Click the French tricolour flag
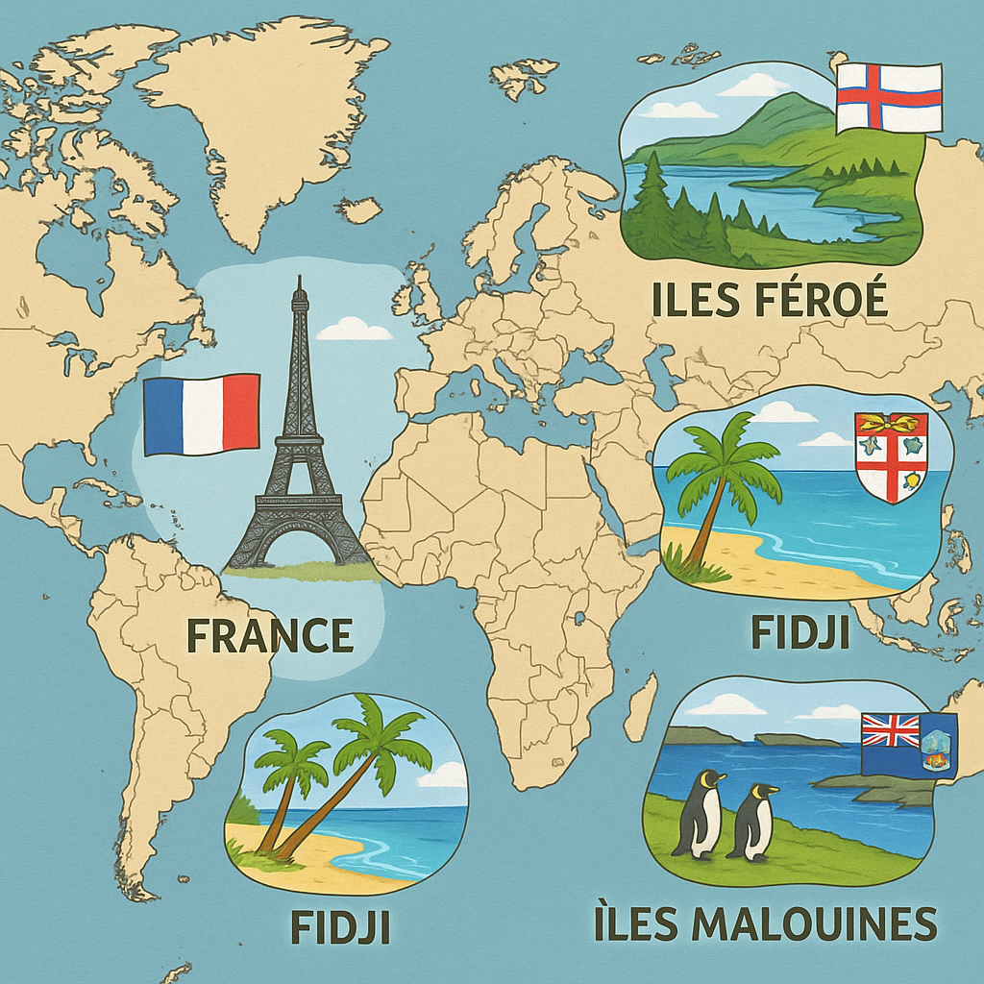(202, 414)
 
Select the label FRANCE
(269, 635)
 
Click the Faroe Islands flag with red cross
(889, 98)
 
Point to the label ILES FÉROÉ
(769, 300)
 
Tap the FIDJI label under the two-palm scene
(340, 927)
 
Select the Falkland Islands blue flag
(909, 744)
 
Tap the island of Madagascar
(640, 706)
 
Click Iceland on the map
(359, 209)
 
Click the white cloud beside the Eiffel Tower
(354, 329)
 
